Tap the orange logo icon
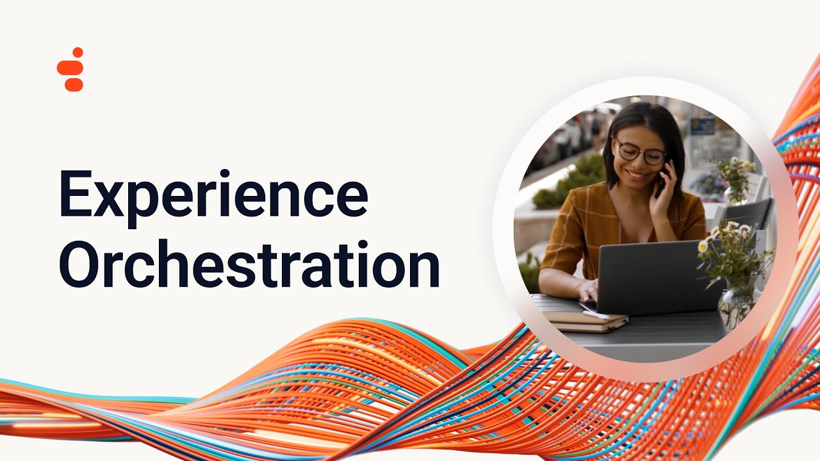click(71, 70)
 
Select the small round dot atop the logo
click(78, 52)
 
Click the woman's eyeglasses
click(639, 152)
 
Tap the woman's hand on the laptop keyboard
click(589, 291)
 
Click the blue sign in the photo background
click(703, 125)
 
